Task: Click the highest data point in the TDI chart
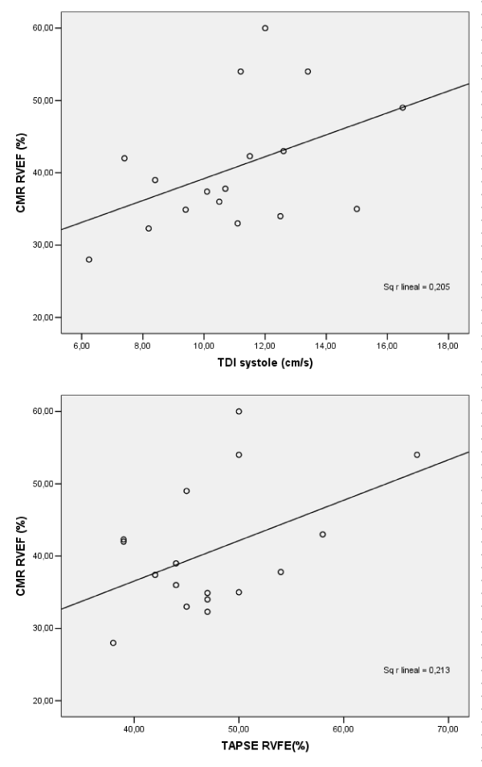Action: (265, 28)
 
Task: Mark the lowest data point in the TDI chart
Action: (89, 260)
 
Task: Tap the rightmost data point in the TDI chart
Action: (402, 108)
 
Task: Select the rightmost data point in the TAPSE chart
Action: (417, 455)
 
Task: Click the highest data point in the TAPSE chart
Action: (239, 412)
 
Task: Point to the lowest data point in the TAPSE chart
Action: (113, 643)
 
